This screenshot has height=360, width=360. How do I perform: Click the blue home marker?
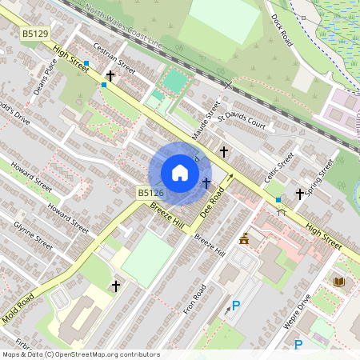point(180,173)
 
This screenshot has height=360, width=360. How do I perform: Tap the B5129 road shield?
point(35,34)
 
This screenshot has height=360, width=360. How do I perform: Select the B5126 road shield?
point(150,193)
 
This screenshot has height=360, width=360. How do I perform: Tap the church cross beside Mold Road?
point(116,286)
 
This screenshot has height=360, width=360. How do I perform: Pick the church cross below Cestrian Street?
point(110,77)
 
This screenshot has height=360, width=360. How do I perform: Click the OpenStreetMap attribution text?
point(81,354)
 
